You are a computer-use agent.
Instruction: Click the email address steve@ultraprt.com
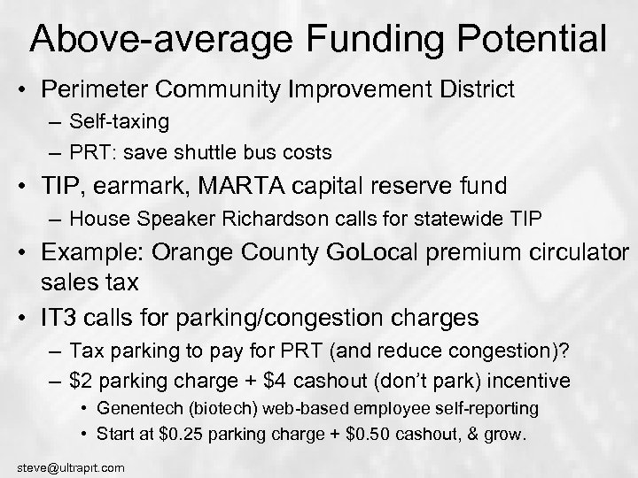(x=63, y=466)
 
